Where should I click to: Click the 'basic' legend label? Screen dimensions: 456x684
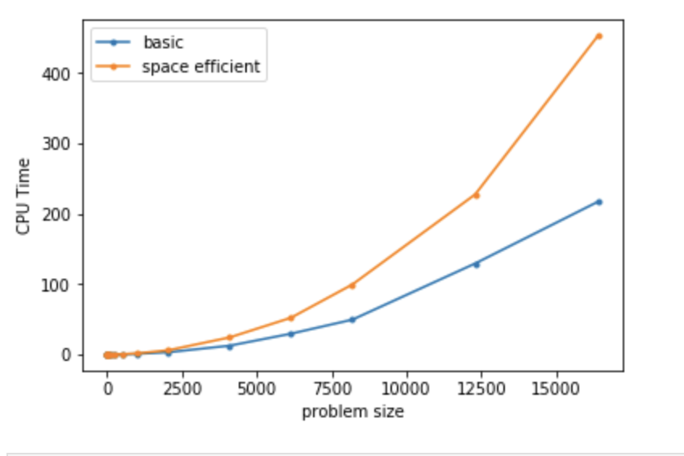(163, 43)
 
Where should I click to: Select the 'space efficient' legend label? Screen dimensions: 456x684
(201, 67)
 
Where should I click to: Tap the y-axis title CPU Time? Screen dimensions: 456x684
(23, 197)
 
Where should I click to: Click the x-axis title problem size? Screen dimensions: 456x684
(352, 412)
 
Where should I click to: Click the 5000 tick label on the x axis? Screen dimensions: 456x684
(256, 388)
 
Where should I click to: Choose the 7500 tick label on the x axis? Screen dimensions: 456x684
(332, 388)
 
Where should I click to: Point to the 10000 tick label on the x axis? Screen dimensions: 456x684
(407, 388)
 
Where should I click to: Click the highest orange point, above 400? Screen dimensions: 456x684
(598, 36)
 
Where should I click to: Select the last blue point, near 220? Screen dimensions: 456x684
(598, 201)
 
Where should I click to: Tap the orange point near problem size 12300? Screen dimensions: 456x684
(476, 195)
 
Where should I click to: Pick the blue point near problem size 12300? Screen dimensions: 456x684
(476, 264)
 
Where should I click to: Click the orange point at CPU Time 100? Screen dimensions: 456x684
(352, 285)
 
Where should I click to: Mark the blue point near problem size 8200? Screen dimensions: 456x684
(352, 320)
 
